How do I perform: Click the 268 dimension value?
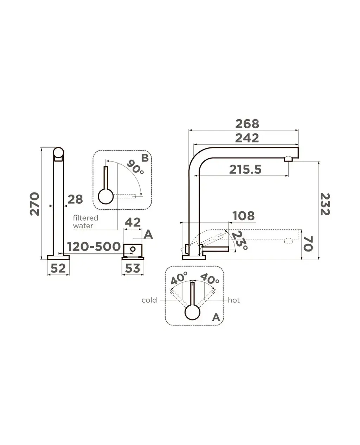pyautogui.click(x=247, y=124)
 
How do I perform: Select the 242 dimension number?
pyautogui.click(x=247, y=138)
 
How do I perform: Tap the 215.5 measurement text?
pyautogui.click(x=245, y=170)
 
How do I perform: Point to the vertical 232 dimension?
pyautogui.click(x=325, y=204)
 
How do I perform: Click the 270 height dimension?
pyautogui.click(x=34, y=204)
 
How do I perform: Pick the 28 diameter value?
pyautogui.click(x=75, y=199)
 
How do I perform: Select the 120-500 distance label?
pyautogui.click(x=94, y=247)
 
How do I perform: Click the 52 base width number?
pyautogui.click(x=58, y=268)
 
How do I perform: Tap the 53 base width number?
pyautogui.click(x=133, y=268)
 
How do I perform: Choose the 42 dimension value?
pyautogui.click(x=133, y=222)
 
